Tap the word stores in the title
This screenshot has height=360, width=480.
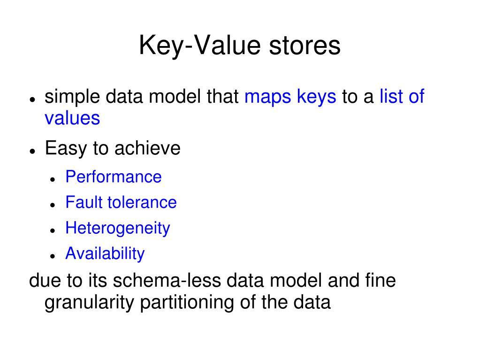305,46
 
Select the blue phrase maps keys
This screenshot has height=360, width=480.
290,97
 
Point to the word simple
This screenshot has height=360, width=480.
72,97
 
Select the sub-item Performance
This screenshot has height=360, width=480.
114,177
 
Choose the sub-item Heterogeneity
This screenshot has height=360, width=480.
118,228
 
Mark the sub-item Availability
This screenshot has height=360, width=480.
105,253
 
